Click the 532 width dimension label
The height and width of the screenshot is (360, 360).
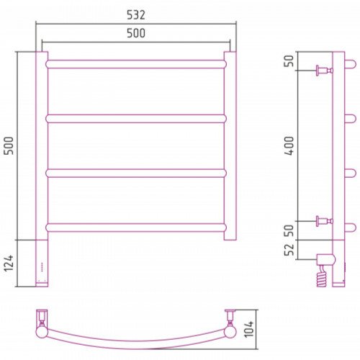(x=136, y=15)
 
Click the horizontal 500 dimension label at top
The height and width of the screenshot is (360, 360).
(x=136, y=33)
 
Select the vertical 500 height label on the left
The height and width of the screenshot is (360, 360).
(x=9, y=145)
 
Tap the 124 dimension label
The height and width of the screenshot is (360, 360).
(x=9, y=263)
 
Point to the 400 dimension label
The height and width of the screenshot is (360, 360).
(x=289, y=145)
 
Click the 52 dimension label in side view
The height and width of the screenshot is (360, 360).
(x=289, y=250)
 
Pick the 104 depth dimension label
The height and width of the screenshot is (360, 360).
(x=249, y=329)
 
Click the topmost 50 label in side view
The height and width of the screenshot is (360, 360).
(x=289, y=61)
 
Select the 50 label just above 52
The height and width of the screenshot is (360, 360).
(x=289, y=230)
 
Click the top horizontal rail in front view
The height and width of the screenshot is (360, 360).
(x=136, y=64)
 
